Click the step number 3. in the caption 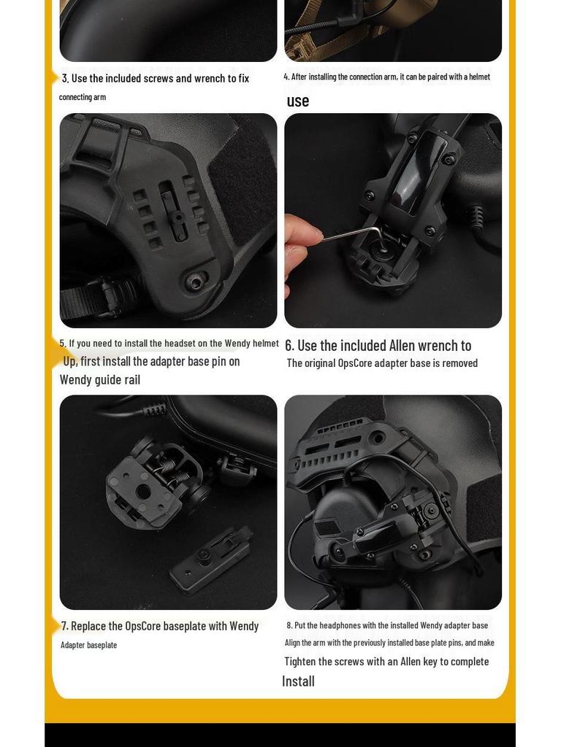pyautogui.click(x=65, y=79)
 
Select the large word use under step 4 pyautogui.click(x=298, y=101)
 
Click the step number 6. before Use pyautogui.click(x=290, y=346)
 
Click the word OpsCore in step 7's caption pyautogui.click(x=143, y=627)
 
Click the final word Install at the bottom pyautogui.click(x=298, y=681)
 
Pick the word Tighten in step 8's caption pyautogui.click(x=303, y=662)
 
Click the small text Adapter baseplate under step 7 pyautogui.click(x=88, y=646)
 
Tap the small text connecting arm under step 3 pyautogui.click(x=83, y=98)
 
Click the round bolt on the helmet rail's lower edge pyautogui.click(x=196, y=281)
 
